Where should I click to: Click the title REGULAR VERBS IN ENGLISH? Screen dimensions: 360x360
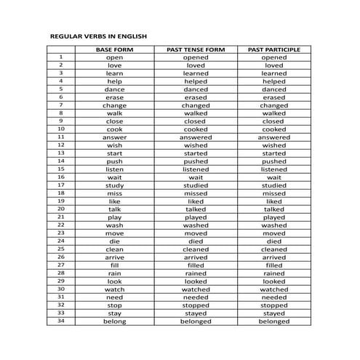(98, 36)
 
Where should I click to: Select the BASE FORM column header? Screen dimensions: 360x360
(114, 49)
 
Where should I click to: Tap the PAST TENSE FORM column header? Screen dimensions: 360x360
(196, 49)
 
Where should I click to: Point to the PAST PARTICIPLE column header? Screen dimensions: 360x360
(274, 49)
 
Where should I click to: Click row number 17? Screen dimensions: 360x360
(61, 185)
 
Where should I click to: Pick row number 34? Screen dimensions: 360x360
(61, 321)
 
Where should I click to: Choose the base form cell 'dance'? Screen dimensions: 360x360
(114, 89)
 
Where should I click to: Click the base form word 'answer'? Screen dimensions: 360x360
(114, 137)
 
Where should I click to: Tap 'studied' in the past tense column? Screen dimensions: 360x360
(196, 185)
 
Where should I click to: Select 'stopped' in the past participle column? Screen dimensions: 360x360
(274, 305)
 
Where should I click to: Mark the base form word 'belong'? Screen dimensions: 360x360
(114, 321)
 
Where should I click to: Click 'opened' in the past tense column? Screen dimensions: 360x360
(196, 57)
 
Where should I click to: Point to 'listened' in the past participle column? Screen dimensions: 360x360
(274, 169)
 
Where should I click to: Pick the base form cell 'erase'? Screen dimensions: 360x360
(114, 97)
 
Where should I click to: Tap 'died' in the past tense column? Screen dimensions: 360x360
(196, 241)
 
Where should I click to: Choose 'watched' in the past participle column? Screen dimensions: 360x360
(274, 289)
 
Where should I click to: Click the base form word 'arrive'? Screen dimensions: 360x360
(114, 257)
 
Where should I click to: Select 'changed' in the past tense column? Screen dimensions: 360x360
(196, 105)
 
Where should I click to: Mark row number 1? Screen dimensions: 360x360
(61, 57)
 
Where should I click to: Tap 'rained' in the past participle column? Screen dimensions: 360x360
(274, 273)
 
